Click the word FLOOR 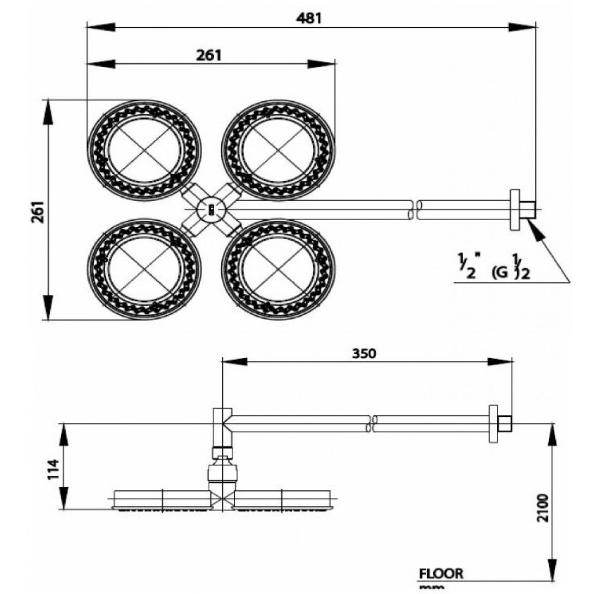coord(441,573)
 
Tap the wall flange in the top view coord(514,209)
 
